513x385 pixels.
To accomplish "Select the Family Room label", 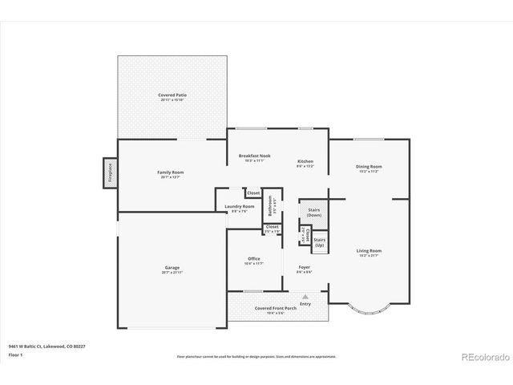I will [171, 173].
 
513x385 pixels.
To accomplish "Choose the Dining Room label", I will [369, 168].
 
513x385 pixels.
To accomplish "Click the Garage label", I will [172, 269].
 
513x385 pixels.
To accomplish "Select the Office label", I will [253, 260].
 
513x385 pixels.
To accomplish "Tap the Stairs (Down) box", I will [314, 213].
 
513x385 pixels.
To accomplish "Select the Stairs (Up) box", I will [319, 241].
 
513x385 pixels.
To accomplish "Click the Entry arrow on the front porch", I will [305, 297].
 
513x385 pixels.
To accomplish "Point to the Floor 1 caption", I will [15, 355].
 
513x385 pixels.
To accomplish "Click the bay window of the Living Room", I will [368, 309].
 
